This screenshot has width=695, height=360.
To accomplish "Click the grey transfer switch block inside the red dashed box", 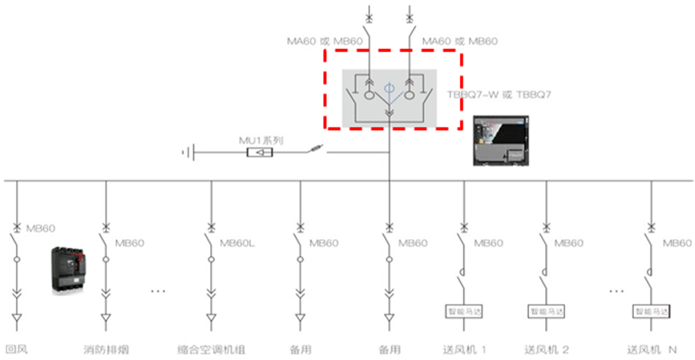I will pyautogui.click(x=390, y=98).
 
